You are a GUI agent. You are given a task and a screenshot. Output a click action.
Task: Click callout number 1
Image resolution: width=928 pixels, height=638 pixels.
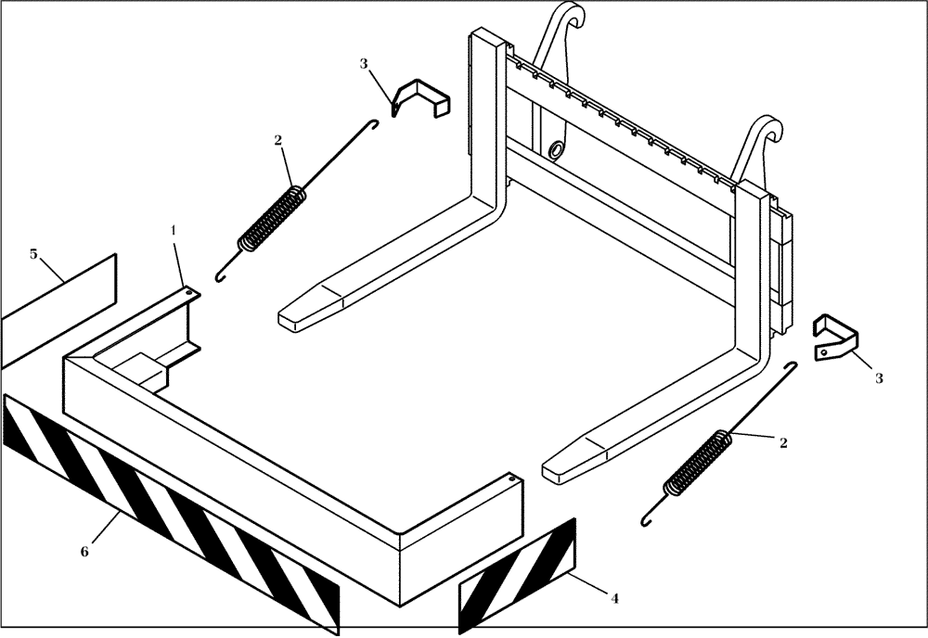coord(172,228)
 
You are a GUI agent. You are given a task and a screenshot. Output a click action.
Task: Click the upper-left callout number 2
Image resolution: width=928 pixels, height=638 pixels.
coord(277,140)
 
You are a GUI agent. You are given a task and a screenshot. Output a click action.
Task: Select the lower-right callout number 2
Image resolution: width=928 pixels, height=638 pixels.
coord(783,443)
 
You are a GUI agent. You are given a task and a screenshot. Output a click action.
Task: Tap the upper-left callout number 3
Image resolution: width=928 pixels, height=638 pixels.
coord(364,63)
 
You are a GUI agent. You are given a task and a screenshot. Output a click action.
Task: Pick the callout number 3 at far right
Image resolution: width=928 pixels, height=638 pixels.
coord(878,378)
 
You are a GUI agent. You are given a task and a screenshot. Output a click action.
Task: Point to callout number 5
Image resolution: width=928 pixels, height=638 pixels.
coord(33,253)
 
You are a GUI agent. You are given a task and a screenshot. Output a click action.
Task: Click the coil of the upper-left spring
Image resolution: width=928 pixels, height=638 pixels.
coord(271,218)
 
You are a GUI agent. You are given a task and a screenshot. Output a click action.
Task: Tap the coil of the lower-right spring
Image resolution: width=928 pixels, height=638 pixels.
coord(695,462)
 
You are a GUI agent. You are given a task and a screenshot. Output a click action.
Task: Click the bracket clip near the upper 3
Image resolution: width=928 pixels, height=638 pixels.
coord(419,98)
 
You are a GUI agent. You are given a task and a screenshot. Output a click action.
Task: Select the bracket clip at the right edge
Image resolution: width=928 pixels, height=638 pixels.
coord(835,336)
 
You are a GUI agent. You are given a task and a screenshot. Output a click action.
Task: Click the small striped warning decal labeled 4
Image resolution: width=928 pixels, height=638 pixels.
coord(517,576)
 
